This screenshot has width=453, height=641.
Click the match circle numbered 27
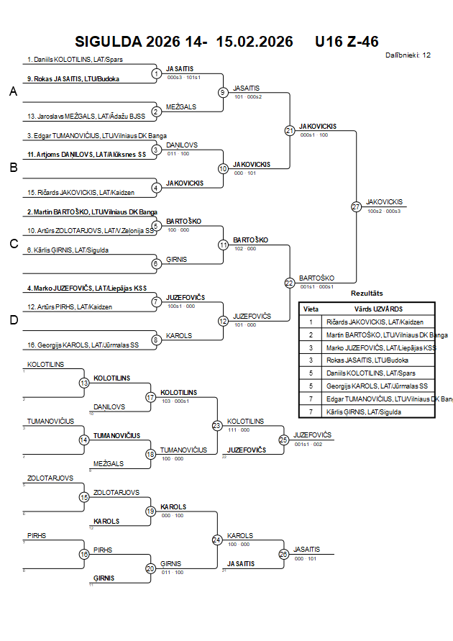tap(356, 206)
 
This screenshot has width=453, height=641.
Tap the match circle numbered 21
tap(289, 130)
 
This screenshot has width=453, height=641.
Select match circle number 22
tap(289, 283)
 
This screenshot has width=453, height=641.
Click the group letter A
tap(12, 91)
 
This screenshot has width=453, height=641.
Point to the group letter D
tap(12, 320)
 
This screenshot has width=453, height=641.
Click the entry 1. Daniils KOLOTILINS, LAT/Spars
tap(65, 60)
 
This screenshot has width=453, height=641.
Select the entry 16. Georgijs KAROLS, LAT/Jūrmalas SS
tap(83, 345)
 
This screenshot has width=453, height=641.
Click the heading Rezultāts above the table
tap(367, 294)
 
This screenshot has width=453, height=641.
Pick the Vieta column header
tap(311, 309)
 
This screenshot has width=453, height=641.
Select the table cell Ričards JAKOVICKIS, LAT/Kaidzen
tap(375, 322)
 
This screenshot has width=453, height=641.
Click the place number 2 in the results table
tap(311, 335)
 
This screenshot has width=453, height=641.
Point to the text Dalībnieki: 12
tap(408, 55)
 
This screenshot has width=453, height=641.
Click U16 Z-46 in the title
tap(347, 42)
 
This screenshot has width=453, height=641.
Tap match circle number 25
tap(284, 439)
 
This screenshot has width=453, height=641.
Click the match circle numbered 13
tap(84, 383)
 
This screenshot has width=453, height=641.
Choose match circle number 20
tap(151, 568)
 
